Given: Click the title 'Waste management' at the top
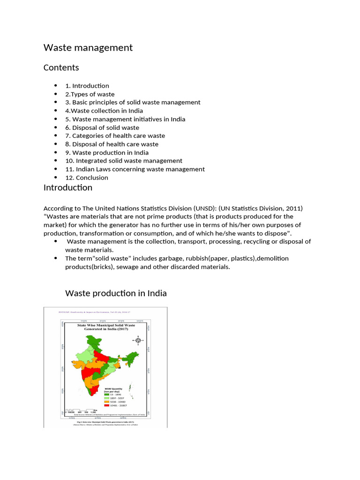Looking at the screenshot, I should [x=88, y=48].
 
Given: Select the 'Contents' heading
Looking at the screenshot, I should [x=61, y=67].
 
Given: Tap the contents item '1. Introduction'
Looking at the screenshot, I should [x=87, y=86].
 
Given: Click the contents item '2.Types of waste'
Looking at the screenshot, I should [x=90, y=94].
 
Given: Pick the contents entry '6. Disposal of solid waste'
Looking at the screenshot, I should [x=102, y=127].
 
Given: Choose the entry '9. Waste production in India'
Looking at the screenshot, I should [x=107, y=152].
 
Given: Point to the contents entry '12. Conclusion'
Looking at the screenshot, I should [x=87, y=178].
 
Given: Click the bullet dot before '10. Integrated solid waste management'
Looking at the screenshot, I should [x=55, y=161].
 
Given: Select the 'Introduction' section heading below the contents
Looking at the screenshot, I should [x=68, y=188].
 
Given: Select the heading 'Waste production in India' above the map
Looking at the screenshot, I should [x=116, y=293].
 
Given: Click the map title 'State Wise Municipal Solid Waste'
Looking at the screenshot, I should [x=106, y=324].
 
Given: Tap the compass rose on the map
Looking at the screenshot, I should [x=138, y=340].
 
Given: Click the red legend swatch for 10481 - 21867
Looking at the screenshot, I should [x=106, y=406].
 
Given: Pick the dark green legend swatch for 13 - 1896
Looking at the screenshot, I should [x=106, y=395].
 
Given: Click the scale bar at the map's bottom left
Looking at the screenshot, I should [x=75, y=409].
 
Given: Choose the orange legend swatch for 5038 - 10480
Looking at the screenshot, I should [x=106, y=402].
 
